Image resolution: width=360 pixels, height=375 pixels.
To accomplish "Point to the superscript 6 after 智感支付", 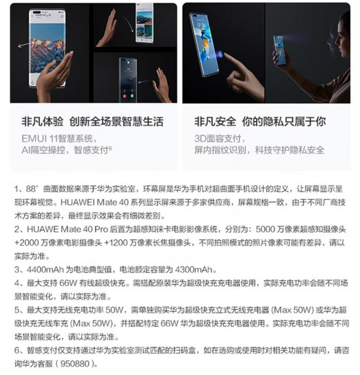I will click(x=110, y=148).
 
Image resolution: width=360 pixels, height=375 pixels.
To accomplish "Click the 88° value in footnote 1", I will click(x=32, y=189).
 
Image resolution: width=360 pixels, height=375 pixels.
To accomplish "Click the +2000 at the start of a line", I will click(x=24, y=243).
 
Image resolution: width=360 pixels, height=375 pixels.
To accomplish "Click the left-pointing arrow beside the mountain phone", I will click(x=24, y=44).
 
